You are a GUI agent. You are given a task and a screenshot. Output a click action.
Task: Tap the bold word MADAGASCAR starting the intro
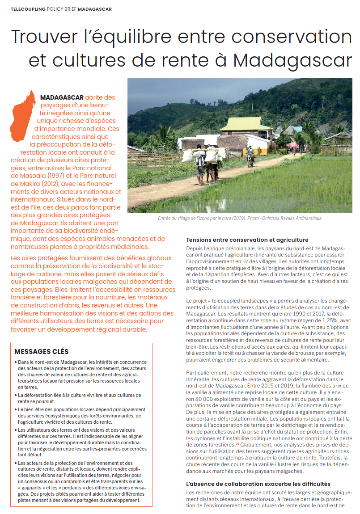62,97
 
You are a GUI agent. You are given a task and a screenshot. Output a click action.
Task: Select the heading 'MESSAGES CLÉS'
42,352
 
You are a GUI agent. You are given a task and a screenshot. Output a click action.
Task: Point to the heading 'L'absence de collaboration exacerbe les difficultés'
257,484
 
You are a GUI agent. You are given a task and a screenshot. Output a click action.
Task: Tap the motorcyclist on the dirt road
250,156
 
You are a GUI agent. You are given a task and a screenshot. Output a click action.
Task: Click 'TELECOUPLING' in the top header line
28,9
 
